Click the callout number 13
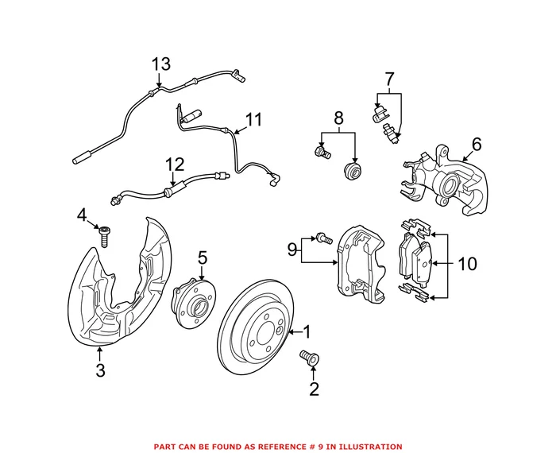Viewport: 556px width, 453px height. click(160, 64)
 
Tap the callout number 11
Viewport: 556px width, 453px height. click(253, 119)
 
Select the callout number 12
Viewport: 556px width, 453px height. click(174, 165)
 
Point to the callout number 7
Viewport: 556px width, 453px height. click(389, 79)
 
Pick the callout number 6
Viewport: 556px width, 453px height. click(477, 144)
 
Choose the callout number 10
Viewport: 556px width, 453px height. click(468, 263)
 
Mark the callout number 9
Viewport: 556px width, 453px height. click(292, 250)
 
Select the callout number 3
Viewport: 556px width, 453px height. click(100, 370)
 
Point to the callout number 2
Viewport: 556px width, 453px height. click(313, 389)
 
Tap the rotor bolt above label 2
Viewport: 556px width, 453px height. click(307, 359)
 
